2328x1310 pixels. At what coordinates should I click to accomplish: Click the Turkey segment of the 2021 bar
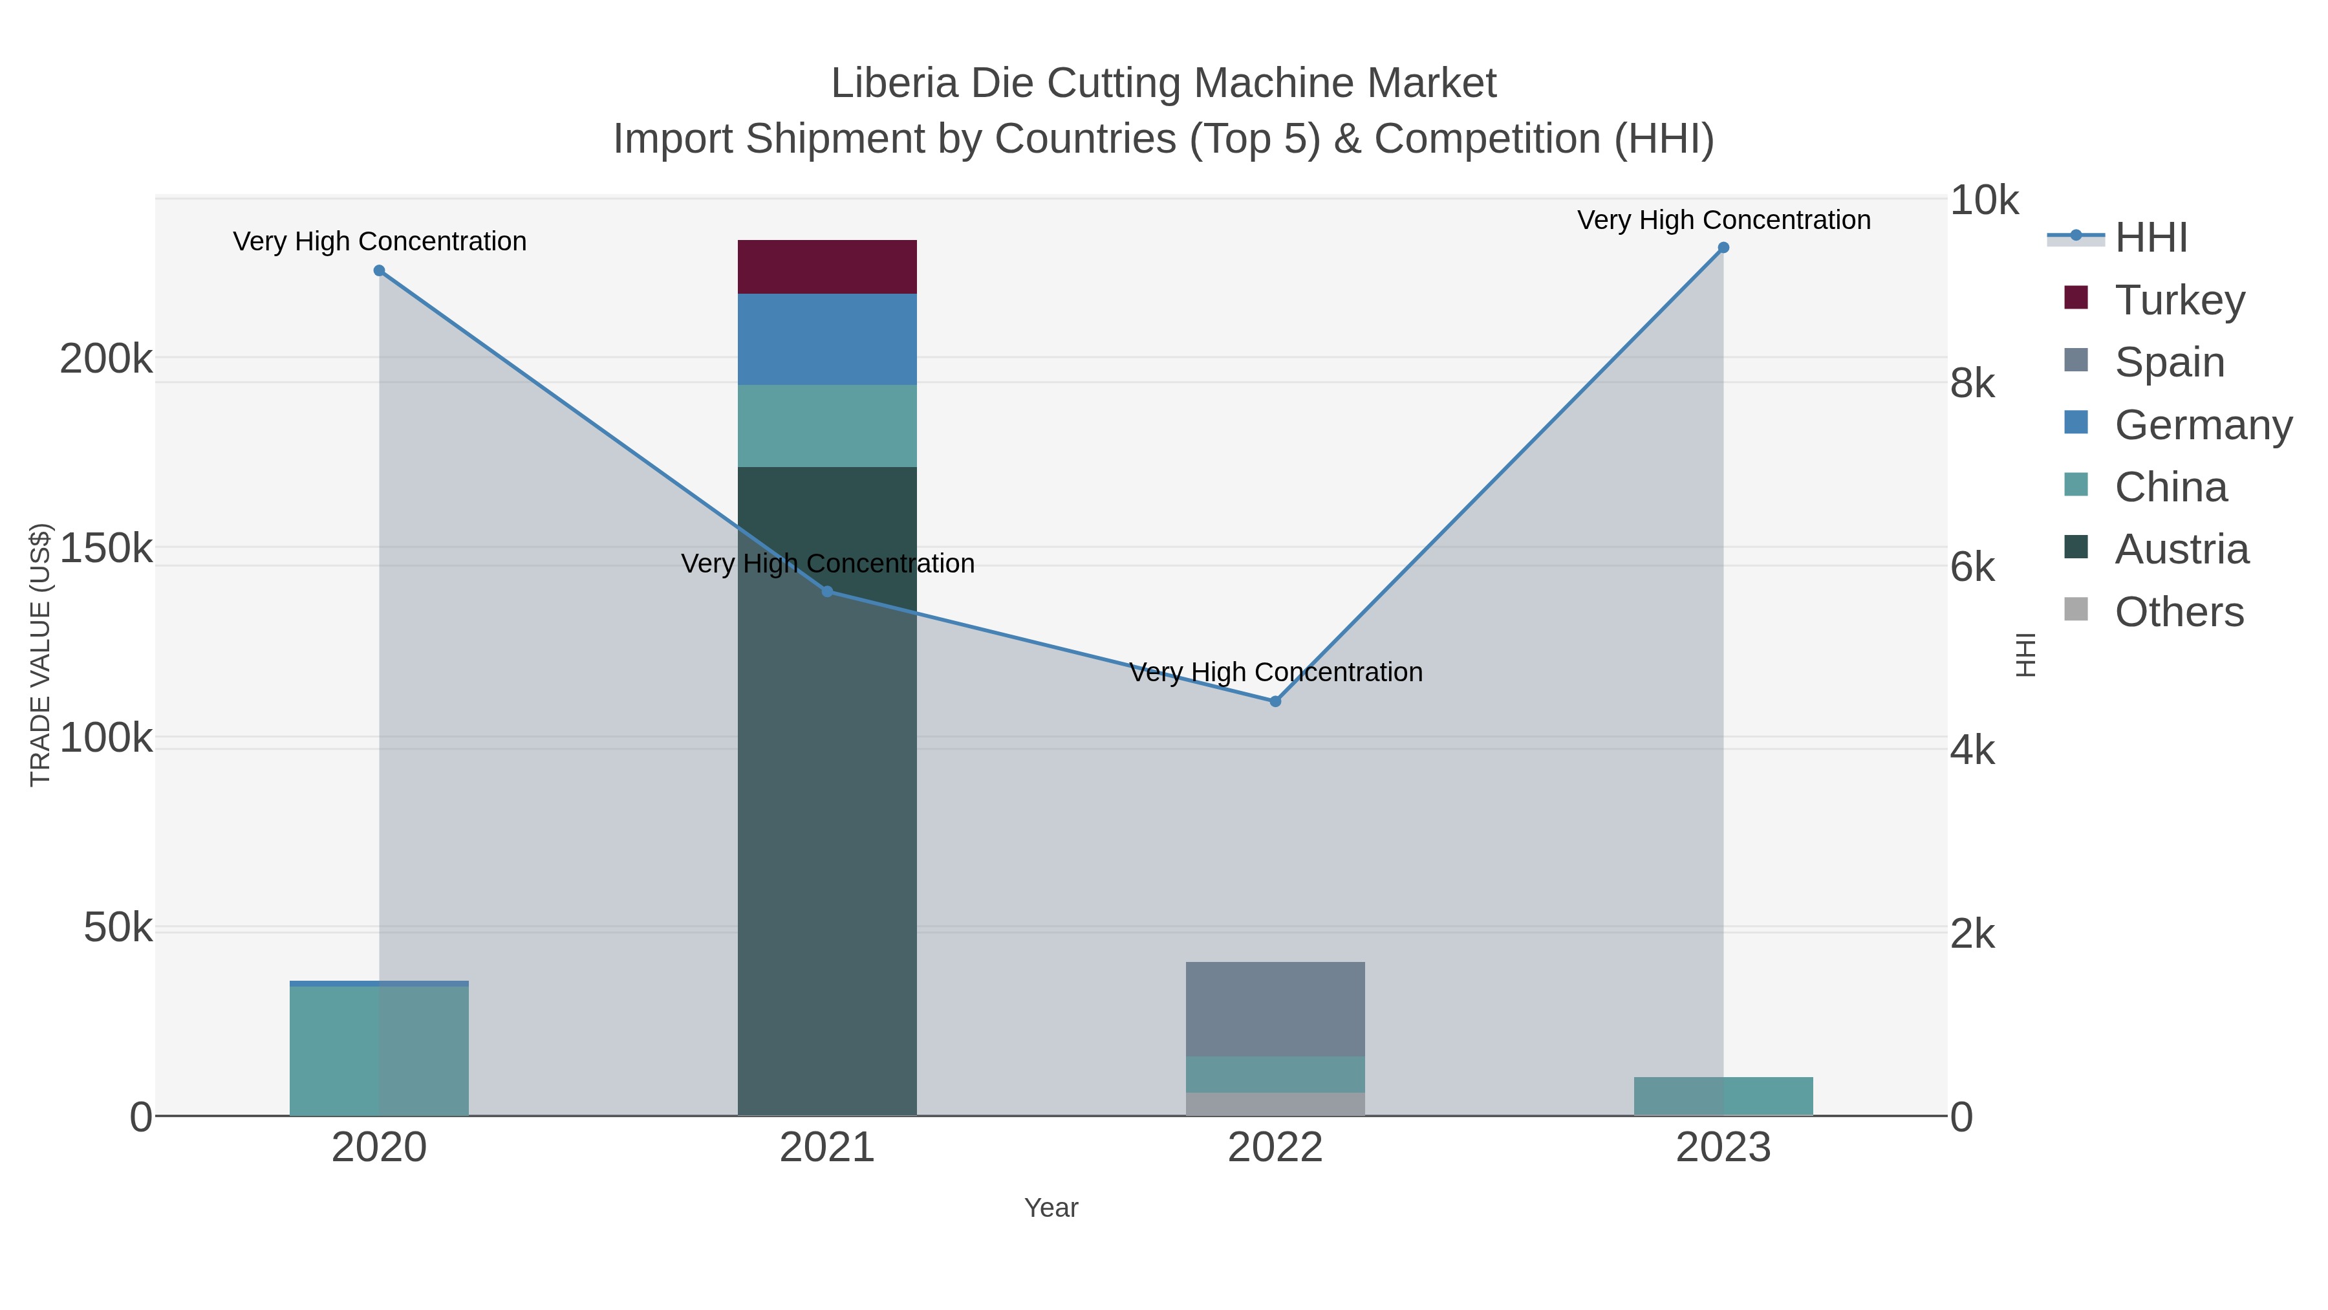[x=827, y=267]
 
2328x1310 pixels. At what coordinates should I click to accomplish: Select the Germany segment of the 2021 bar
[x=827, y=339]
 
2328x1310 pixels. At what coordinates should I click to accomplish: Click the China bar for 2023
[x=1723, y=1096]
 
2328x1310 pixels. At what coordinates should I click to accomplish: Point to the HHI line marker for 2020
[x=379, y=270]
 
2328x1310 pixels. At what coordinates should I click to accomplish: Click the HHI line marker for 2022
[x=1275, y=701]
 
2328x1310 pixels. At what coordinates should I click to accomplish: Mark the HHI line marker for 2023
[x=1723, y=248]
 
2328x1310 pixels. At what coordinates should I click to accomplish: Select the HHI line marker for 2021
[x=827, y=591]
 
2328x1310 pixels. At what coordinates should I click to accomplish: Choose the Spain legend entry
[x=2169, y=362]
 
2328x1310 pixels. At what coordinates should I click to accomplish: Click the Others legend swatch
[x=2076, y=610]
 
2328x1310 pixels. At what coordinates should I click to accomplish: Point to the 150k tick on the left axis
[x=106, y=548]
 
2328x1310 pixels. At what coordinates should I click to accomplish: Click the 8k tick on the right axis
[x=1972, y=384]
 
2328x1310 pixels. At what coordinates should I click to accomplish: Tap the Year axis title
[x=1051, y=1208]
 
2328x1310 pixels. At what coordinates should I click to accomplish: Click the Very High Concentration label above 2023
[x=1723, y=220]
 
